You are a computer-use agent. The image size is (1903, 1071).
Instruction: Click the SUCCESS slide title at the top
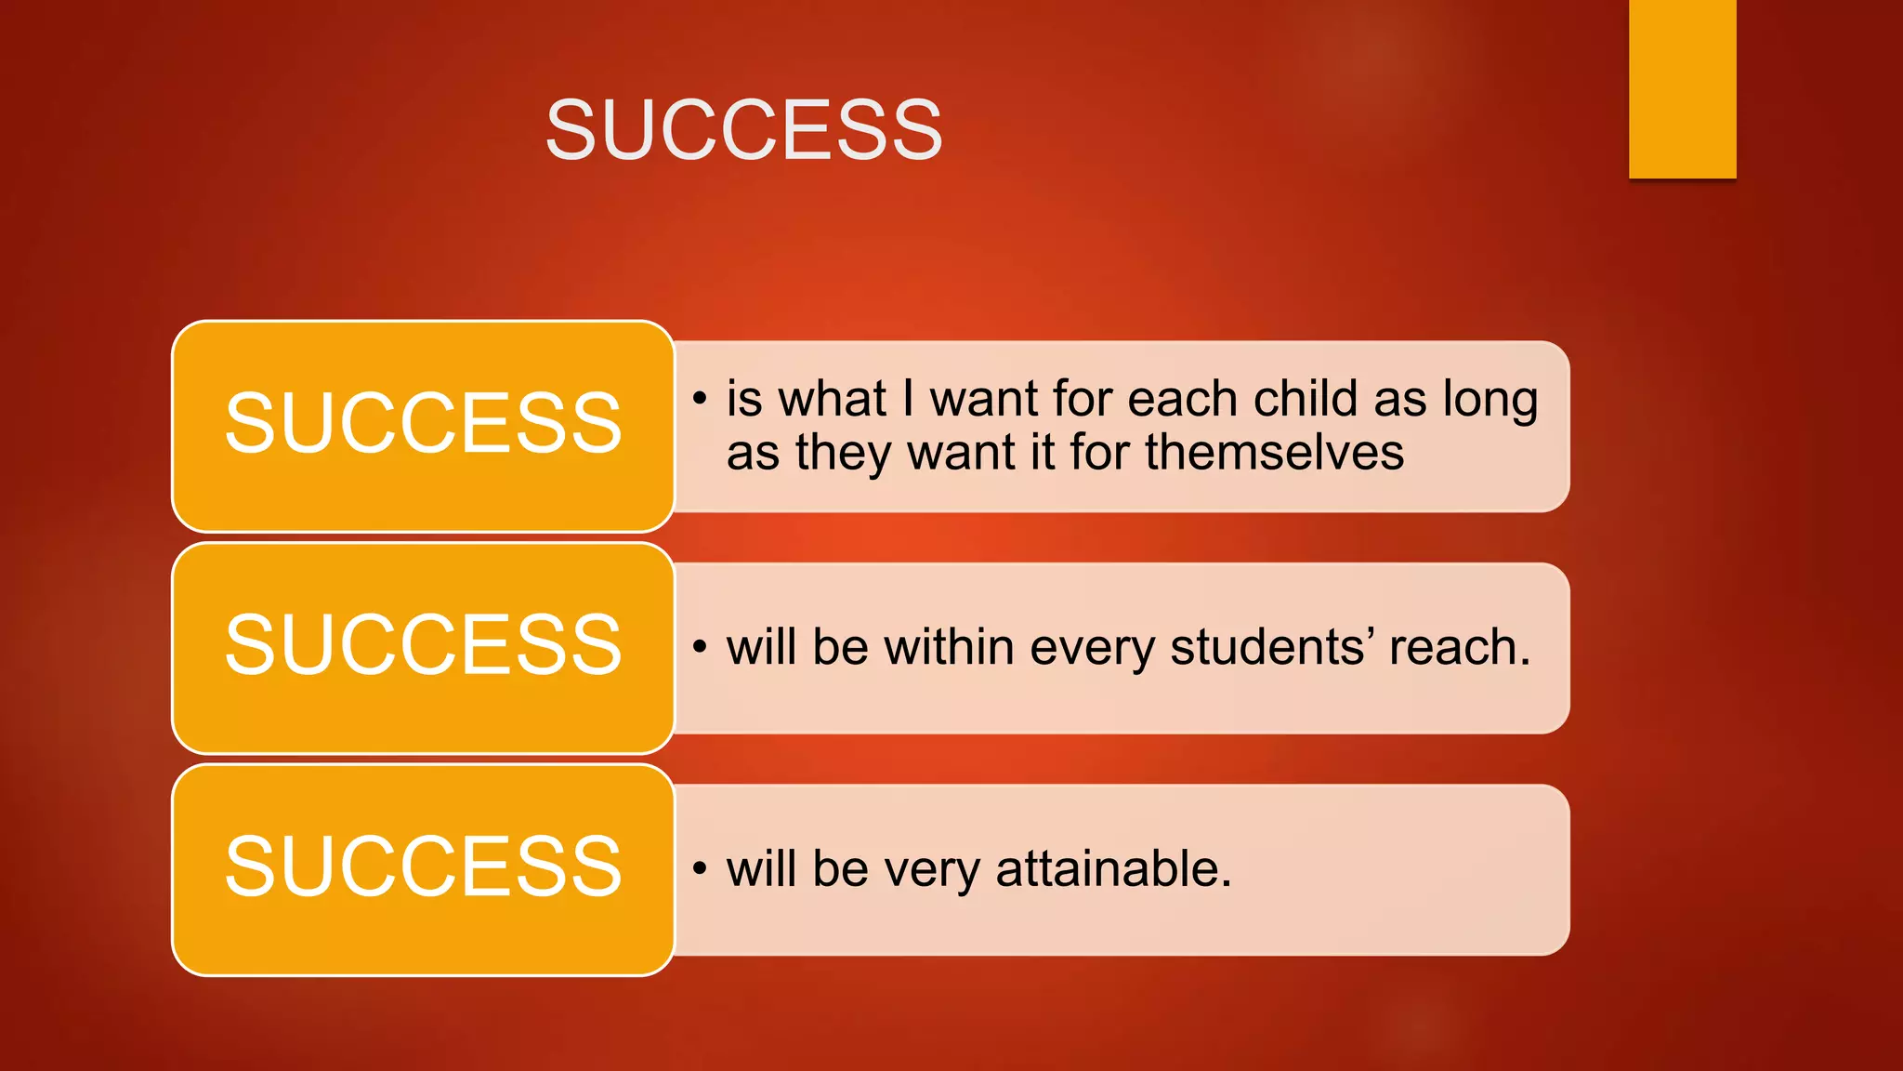click(x=743, y=129)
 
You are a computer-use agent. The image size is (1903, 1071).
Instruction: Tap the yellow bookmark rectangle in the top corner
click(x=1682, y=88)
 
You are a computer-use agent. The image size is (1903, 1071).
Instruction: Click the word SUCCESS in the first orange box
click(x=423, y=423)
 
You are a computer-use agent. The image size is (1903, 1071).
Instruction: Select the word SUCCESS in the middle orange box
click(x=423, y=644)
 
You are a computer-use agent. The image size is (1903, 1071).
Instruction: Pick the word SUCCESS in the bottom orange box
click(x=423, y=866)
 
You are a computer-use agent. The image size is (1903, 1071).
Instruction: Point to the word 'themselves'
click(x=1274, y=454)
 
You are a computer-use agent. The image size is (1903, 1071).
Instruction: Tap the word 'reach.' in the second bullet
click(x=1459, y=647)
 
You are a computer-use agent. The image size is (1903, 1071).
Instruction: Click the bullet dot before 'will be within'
click(x=700, y=647)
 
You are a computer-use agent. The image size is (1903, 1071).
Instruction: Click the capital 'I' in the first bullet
click(x=908, y=399)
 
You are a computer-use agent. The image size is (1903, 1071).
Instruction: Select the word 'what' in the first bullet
click(x=833, y=399)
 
